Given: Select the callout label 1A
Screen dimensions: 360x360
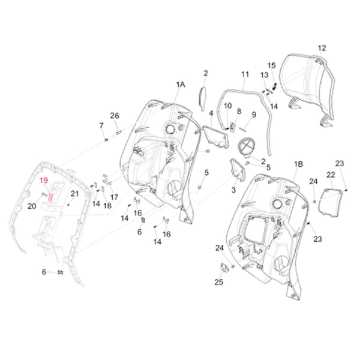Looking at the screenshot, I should pos(181,85).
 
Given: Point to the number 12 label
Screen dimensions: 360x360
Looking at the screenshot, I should pos(322,47).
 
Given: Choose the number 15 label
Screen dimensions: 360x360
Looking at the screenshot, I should pos(271,65).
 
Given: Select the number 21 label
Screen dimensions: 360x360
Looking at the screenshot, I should pos(75,193).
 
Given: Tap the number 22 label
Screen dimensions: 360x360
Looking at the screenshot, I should pos(331,175).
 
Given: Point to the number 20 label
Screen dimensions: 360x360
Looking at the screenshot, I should pos(32,206).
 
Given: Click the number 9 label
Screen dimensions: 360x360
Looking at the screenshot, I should pos(254,114).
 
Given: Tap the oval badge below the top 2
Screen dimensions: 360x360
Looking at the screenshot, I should pos(202,95).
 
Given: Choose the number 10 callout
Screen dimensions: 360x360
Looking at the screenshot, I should pos(227,106).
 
